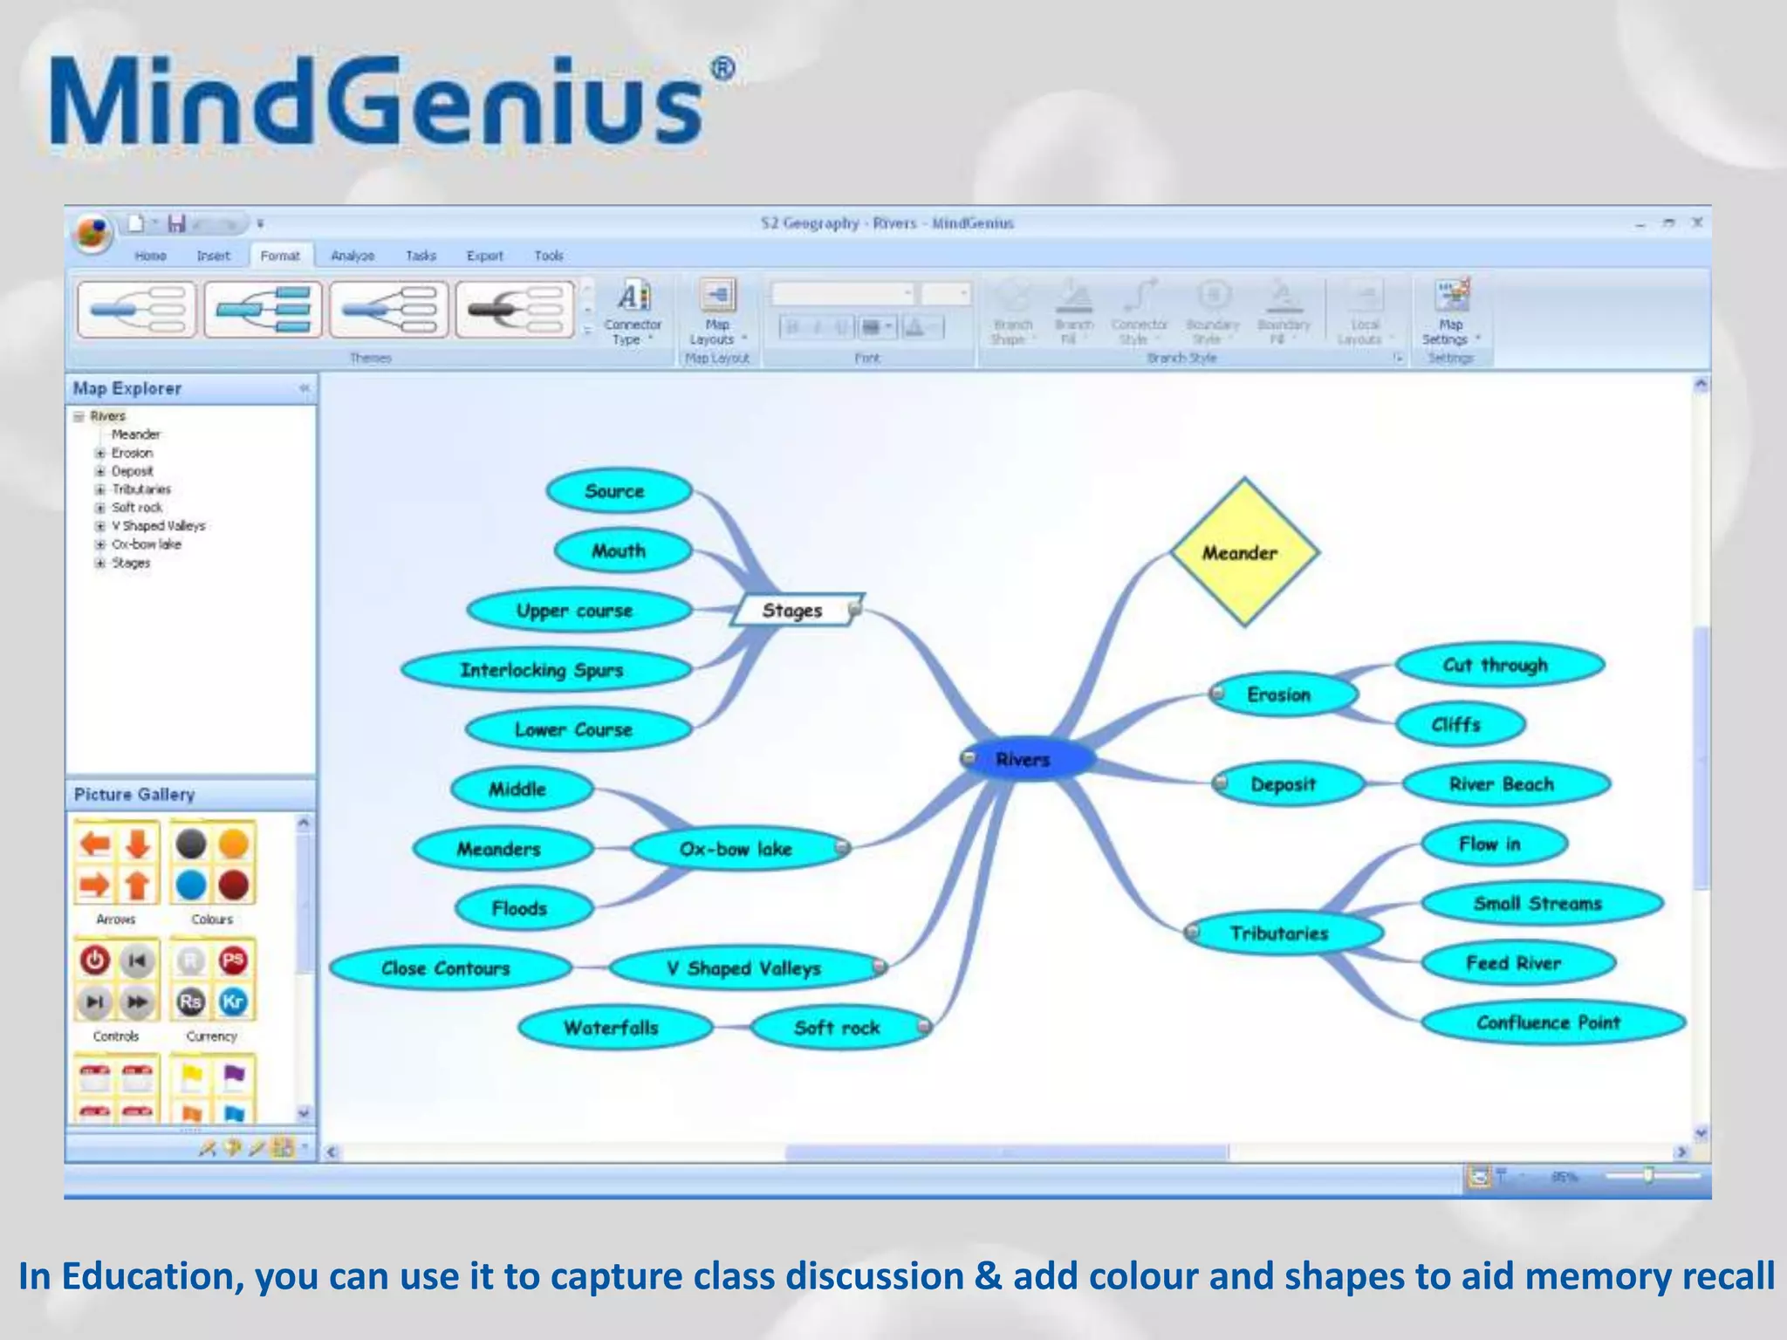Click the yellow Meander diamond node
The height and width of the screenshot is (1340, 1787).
pos(1243,552)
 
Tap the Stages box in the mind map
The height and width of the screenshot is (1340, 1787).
pos(792,611)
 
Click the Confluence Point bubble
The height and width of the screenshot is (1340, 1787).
pos(1550,1022)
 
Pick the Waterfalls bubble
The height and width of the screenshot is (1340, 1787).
pos(612,1028)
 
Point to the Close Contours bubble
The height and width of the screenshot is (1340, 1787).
pos(447,968)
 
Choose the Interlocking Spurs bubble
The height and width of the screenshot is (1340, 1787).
pos(543,670)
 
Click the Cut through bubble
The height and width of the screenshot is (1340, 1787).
pos(1496,665)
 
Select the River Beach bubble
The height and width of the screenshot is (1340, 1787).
pos(1503,784)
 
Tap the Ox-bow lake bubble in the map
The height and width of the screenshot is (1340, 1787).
pos(736,849)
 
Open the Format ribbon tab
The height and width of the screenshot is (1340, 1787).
pos(280,256)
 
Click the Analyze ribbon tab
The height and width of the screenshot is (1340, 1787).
pos(353,256)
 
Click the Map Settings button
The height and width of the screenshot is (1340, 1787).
pos(1450,312)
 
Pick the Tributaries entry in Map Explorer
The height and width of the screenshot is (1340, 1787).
pos(141,489)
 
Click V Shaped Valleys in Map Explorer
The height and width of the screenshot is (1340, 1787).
pos(158,526)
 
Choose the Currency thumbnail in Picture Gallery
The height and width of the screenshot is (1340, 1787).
pos(212,981)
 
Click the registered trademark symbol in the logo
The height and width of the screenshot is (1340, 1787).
pos(722,70)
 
